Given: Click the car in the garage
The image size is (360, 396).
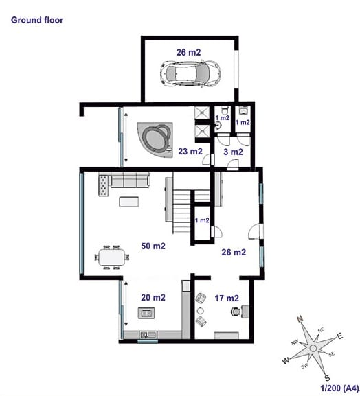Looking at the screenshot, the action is pos(190,73).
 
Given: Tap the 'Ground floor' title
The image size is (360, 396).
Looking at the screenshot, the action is pos(37,20).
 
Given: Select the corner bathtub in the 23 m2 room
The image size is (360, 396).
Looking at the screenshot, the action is pos(155,139).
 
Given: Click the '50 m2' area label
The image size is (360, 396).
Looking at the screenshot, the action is pos(153,246).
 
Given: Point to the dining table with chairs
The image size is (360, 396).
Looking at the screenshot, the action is pos(112,257).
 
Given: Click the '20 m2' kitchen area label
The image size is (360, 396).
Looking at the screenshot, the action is pos(153,297).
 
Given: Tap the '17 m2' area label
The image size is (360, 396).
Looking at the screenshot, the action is pos(227,299).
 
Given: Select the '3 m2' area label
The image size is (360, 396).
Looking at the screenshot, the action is pos(233,152).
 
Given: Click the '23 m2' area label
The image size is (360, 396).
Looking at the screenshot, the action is pos(190,151).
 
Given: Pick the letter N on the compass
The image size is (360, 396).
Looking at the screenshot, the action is pos(300,319).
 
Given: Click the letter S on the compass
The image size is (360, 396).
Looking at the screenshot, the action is pos(327,378).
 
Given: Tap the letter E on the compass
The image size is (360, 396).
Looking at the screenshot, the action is pos(339,336).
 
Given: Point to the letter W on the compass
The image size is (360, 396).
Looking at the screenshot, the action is pos(286,360).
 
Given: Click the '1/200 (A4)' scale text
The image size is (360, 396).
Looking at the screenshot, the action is pos(340,388).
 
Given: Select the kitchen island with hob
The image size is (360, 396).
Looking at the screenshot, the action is pos(146,313).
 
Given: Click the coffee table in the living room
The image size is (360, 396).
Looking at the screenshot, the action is pos(129,202).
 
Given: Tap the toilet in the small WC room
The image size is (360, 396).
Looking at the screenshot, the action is pos(224,111).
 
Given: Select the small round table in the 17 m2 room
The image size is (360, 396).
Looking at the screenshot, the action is pos(201,310).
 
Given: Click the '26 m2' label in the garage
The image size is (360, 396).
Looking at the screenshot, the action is pos(189,52).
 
